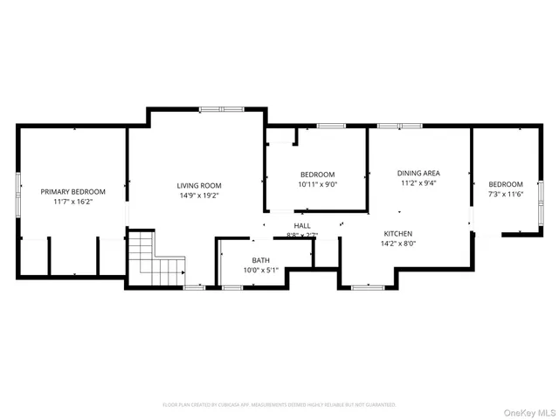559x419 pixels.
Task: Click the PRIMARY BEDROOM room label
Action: (x=72, y=192)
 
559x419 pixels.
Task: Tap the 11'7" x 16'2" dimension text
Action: (x=72, y=202)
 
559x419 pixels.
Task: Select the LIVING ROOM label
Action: (x=199, y=185)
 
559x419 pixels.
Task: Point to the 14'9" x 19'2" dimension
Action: (x=199, y=196)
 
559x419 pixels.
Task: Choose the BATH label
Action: (x=261, y=260)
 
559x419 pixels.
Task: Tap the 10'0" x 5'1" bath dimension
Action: (x=261, y=270)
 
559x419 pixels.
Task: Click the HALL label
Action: (x=302, y=226)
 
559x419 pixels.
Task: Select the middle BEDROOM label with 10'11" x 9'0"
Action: (x=317, y=175)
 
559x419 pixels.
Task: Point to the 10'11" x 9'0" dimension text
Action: (x=317, y=184)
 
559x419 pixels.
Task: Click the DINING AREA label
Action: (x=418, y=174)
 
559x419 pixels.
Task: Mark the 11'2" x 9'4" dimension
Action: (x=418, y=183)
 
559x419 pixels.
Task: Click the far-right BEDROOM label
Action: (x=506, y=184)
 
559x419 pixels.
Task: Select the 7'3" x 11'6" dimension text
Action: (x=506, y=194)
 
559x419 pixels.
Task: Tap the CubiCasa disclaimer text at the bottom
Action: (x=279, y=404)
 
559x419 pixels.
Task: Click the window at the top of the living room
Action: (x=212, y=109)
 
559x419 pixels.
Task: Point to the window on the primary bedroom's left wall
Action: (x=18, y=194)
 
